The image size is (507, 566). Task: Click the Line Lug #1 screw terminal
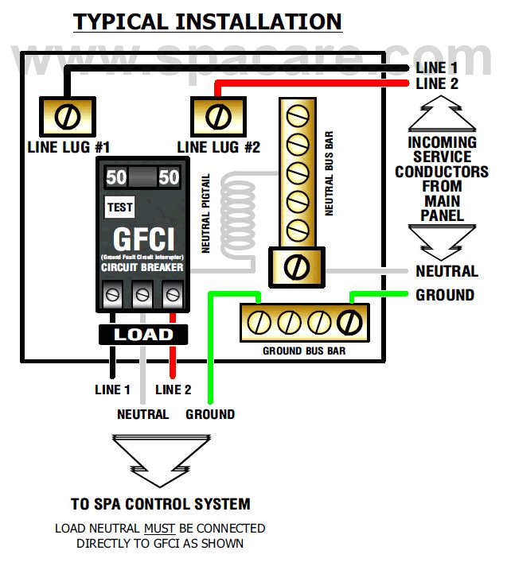(68, 117)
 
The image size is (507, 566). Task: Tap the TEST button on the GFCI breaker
(120, 207)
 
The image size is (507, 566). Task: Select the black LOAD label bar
(142, 335)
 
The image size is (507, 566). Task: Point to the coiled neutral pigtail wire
(236, 214)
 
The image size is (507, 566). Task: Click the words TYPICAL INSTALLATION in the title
(208, 21)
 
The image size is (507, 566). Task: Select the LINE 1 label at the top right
(437, 68)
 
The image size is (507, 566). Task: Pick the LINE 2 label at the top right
(437, 83)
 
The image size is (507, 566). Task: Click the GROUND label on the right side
(445, 295)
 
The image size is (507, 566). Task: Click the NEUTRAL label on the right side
(447, 272)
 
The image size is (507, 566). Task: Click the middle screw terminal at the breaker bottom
(142, 295)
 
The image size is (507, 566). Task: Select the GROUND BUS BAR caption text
(304, 351)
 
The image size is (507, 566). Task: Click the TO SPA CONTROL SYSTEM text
(160, 504)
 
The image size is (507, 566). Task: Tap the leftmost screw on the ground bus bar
(259, 323)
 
